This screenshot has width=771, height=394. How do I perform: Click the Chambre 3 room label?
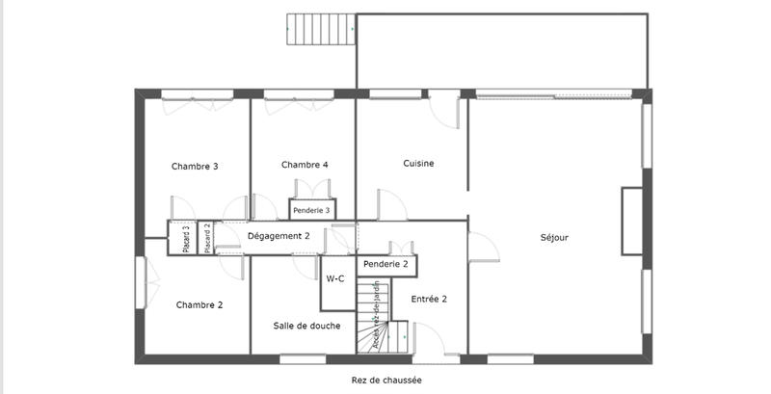tap(195, 166)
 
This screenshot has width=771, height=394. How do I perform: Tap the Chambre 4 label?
tap(305, 165)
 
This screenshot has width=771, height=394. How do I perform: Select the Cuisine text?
tap(418, 164)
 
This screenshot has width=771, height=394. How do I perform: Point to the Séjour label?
tap(554, 237)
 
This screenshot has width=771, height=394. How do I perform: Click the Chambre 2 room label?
tap(199, 304)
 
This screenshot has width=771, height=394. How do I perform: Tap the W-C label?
tap(335, 278)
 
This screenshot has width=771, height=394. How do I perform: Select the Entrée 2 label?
tap(429, 299)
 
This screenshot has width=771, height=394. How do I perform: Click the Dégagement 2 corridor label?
tap(279, 236)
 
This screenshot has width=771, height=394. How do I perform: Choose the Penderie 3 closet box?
tap(311, 209)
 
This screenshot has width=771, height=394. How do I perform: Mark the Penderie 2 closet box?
tap(385, 263)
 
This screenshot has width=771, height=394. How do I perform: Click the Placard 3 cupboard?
tap(186, 239)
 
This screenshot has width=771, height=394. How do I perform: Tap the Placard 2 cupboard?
tap(207, 239)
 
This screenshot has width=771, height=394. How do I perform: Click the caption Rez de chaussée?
tap(386, 381)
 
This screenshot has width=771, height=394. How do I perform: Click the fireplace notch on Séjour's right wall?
tap(631, 221)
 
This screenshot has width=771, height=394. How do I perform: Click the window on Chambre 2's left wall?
tap(140, 282)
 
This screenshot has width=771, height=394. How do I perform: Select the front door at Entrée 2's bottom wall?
tap(428, 347)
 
